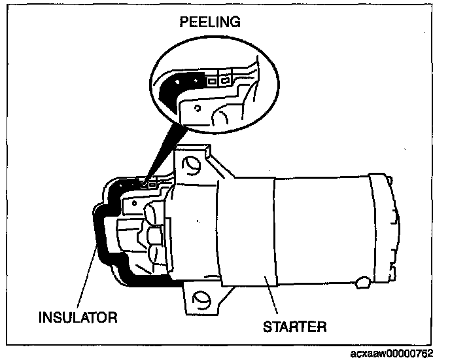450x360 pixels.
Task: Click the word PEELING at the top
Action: [210, 22]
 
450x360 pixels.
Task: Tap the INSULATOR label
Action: [78, 317]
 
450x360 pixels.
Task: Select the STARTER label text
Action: [295, 327]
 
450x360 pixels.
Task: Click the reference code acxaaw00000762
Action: [391, 353]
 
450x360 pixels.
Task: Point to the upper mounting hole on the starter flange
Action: [191, 165]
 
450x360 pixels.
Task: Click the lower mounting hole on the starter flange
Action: [201, 300]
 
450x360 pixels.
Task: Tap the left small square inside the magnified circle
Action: [212, 81]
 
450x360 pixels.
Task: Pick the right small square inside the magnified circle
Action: [225, 81]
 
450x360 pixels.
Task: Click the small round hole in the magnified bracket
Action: [198, 108]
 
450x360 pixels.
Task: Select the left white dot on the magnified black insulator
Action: [177, 82]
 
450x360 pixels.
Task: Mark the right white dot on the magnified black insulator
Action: [196, 81]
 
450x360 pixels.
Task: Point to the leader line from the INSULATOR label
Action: [86, 276]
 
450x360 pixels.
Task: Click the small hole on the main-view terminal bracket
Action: [134, 204]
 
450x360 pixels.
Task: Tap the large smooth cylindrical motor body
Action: [321, 230]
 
